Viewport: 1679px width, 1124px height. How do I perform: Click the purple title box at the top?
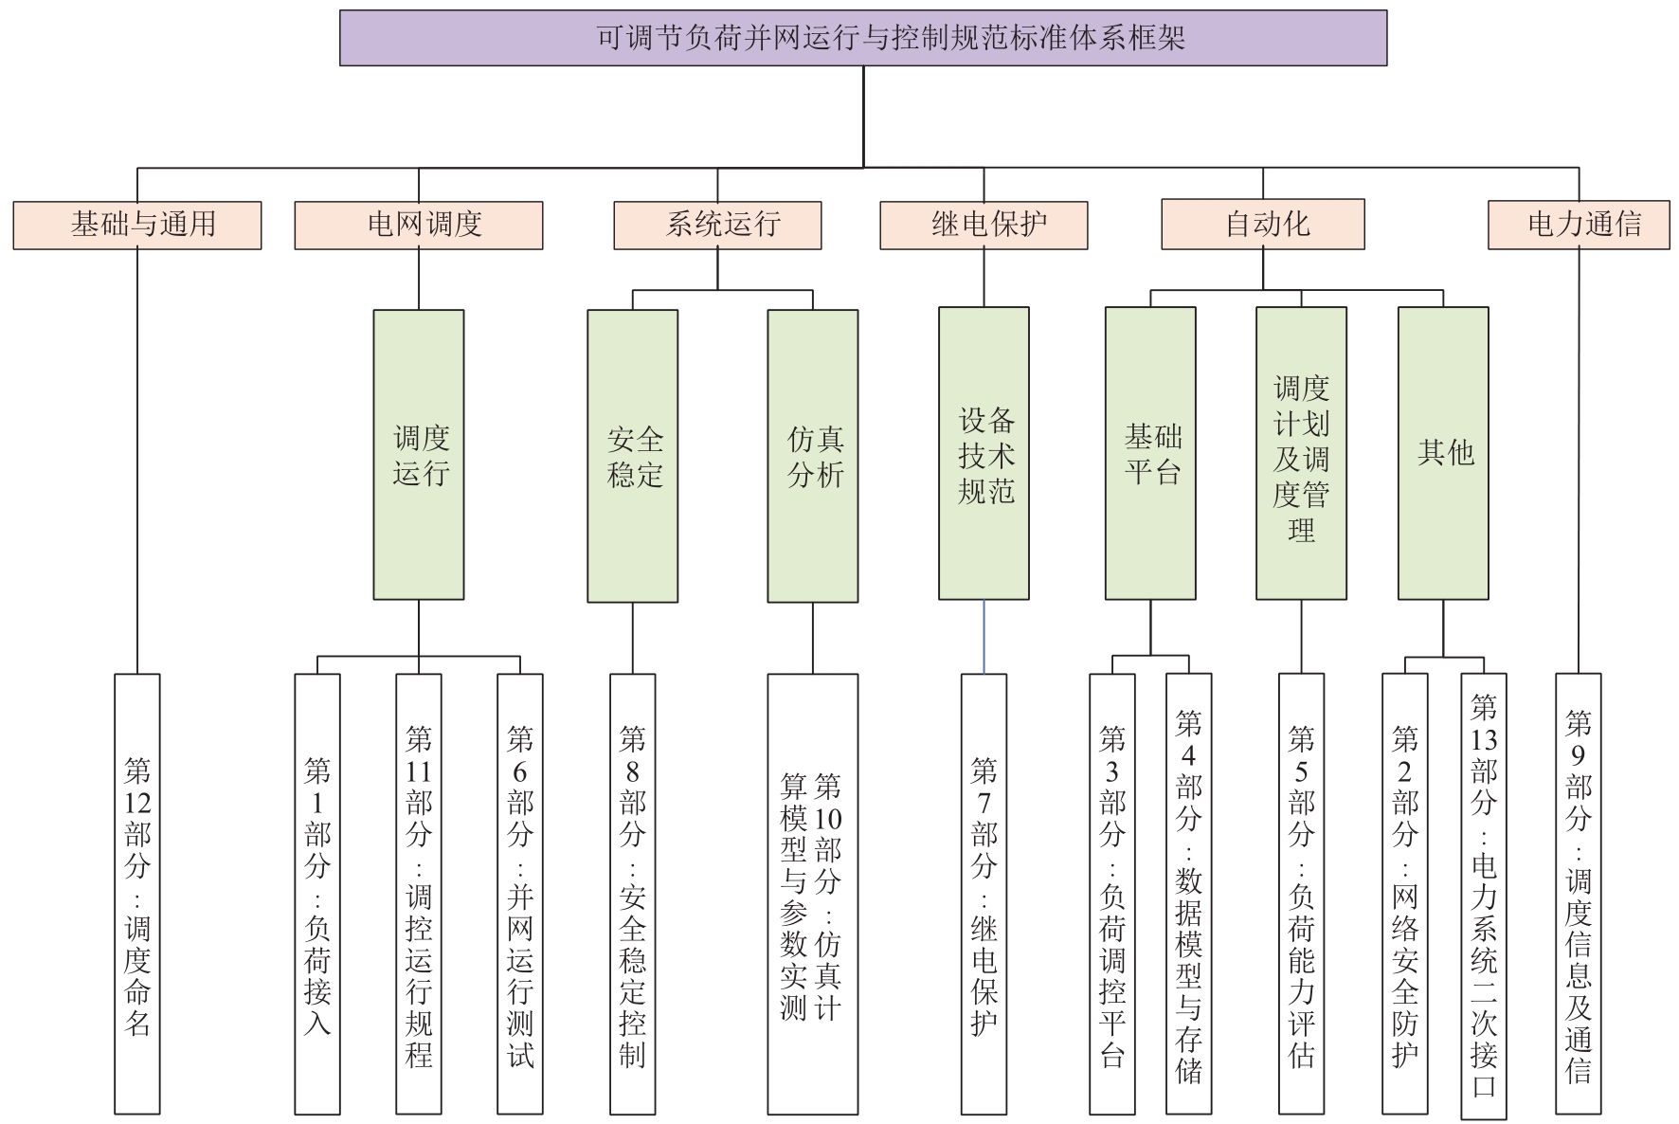coord(862,38)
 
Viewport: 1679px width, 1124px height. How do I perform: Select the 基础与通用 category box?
coord(137,225)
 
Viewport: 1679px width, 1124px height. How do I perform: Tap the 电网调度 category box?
coord(418,225)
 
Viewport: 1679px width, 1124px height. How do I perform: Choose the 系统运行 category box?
coord(717,225)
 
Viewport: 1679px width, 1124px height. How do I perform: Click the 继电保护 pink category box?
coord(984,225)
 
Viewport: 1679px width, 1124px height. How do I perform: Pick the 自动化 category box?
coord(1263,225)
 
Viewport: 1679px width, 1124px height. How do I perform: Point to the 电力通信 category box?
coord(1579,225)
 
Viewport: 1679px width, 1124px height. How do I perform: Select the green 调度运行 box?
coord(418,455)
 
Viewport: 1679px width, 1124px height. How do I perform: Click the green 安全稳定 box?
coord(632,456)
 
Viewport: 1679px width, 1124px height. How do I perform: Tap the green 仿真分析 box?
coord(812,456)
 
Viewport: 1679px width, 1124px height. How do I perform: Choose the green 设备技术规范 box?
coord(984,453)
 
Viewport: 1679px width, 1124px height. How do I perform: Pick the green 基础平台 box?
coord(1150,453)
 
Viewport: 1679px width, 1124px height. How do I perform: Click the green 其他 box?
coord(1443,453)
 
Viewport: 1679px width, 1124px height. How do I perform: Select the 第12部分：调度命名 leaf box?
coord(137,894)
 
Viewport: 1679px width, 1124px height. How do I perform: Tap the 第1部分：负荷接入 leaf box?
coord(317,894)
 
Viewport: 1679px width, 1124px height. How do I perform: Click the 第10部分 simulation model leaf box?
coord(812,894)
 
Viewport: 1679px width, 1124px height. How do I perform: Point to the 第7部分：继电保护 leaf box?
coord(984,894)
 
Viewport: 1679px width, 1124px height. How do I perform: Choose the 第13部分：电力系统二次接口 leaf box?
coord(1484,894)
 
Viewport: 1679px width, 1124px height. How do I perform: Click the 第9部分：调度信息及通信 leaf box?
coord(1579,894)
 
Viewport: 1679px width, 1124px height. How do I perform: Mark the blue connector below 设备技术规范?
coord(984,637)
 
